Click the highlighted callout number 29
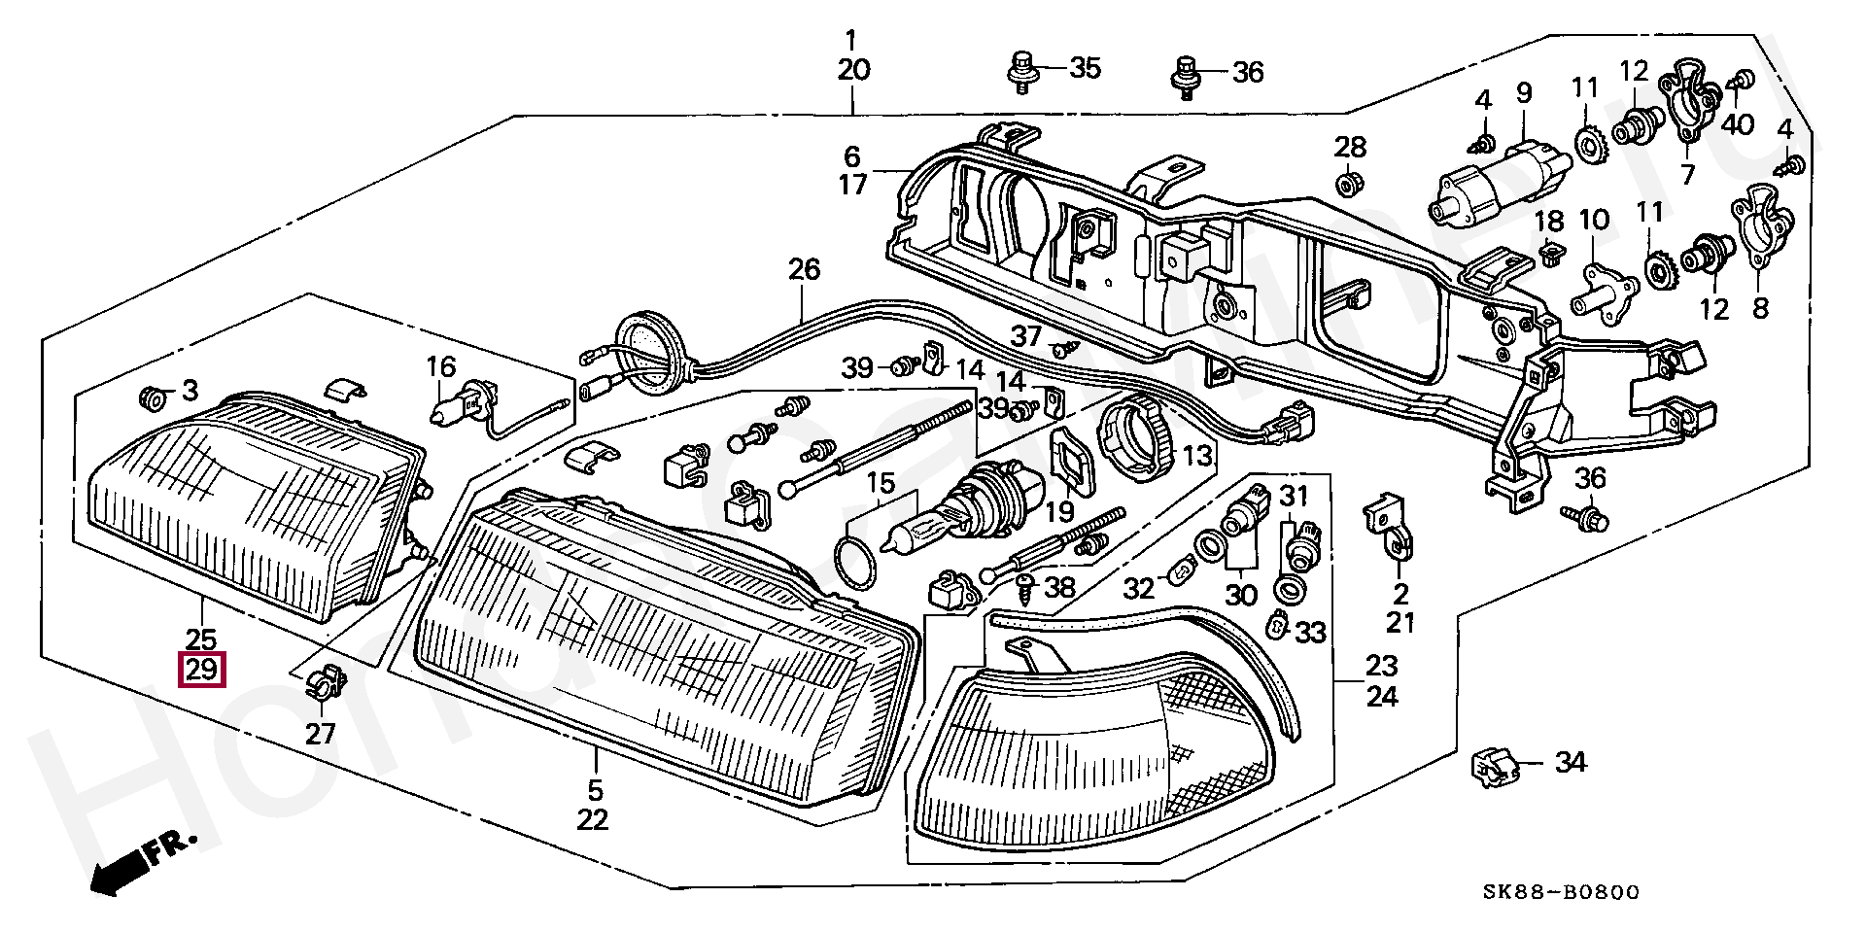pyautogui.click(x=201, y=670)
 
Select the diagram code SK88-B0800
pyautogui.click(x=1562, y=892)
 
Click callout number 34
pyautogui.click(x=1571, y=763)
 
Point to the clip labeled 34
pyautogui.click(x=1492, y=768)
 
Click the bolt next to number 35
pyautogui.click(x=1020, y=71)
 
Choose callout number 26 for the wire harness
pyautogui.click(x=804, y=269)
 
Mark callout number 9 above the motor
pyautogui.click(x=1523, y=93)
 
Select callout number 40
pyautogui.click(x=1738, y=124)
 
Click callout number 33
pyautogui.click(x=1310, y=634)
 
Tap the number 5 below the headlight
pyautogui.click(x=594, y=789)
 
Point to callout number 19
pyautogui.click(x=1058, y=510)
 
